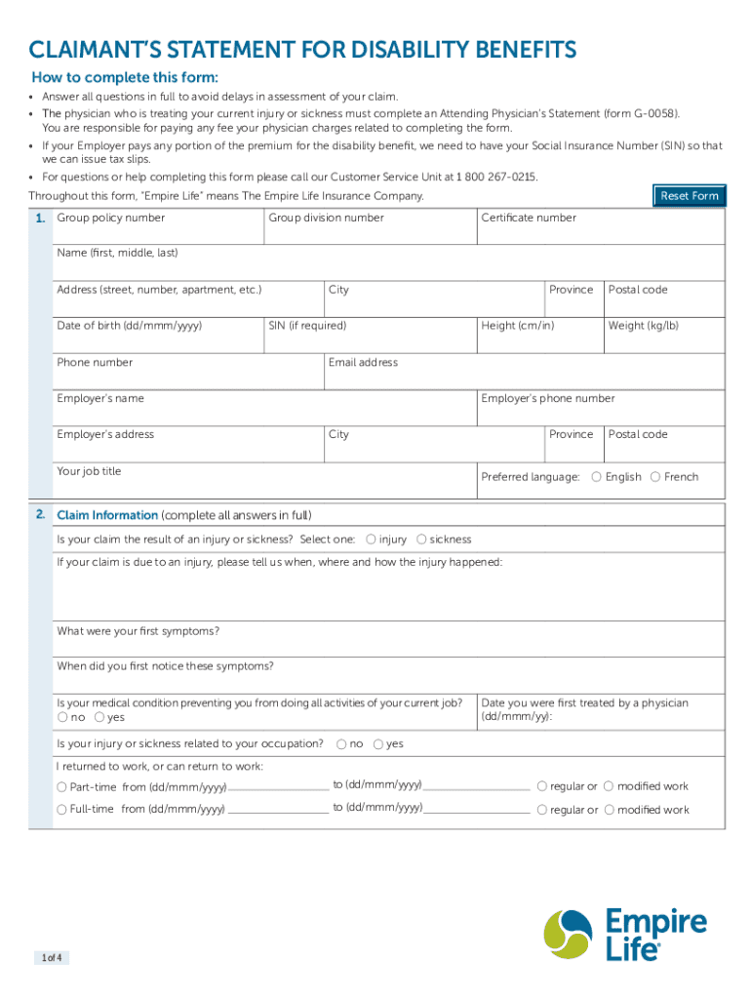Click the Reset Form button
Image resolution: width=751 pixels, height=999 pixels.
tap(689, 195)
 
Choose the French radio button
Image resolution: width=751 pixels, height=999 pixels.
tap(655, 476)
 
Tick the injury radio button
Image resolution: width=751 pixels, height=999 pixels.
tap(371, 539)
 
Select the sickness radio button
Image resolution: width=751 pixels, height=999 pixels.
tap(421, 539)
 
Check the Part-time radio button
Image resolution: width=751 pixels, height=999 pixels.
tap(62, 787)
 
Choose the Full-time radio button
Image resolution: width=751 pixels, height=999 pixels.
tap(62, 810)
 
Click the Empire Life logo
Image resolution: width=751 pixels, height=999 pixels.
tap(625, 935)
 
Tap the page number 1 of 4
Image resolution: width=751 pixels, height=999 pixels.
tap(52, 957)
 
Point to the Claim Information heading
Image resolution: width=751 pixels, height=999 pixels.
tap(107, 515)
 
